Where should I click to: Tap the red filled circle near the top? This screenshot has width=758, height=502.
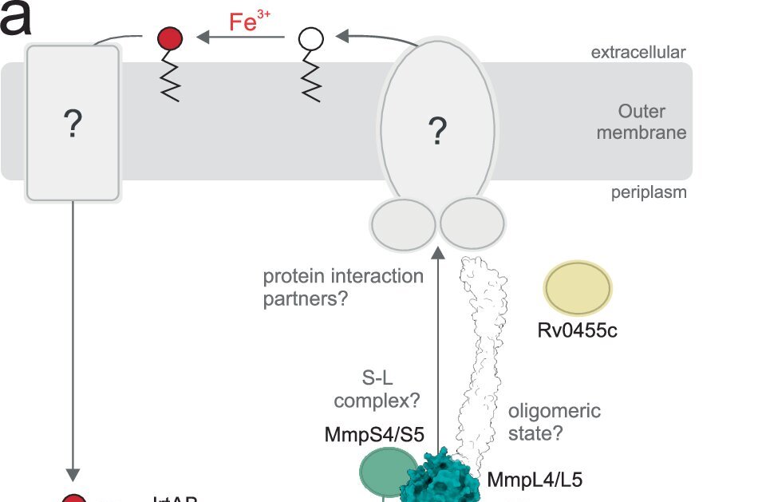click(x=169, y=38)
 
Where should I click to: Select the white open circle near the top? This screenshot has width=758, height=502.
click(x=311, y=38)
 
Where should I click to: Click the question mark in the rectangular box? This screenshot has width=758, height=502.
click(x=73, y=125)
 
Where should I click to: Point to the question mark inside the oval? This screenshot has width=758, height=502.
click(x=436, y=131)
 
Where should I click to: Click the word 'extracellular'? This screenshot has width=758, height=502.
click(x=638, y=53)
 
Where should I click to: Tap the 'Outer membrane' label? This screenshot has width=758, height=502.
click(x=652, y=122)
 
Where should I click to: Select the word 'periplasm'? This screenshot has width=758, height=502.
click(x=649, y=192)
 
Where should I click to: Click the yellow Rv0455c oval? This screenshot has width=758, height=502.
click(x=578, y=287)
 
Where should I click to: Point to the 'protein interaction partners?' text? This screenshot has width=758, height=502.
click(x=343, y=287)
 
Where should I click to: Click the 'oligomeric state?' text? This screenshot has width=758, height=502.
click(x=554, y=422)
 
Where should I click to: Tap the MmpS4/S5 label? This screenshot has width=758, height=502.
click(x=374, y=435)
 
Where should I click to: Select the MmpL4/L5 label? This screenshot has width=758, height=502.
click(x=535, y=480)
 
